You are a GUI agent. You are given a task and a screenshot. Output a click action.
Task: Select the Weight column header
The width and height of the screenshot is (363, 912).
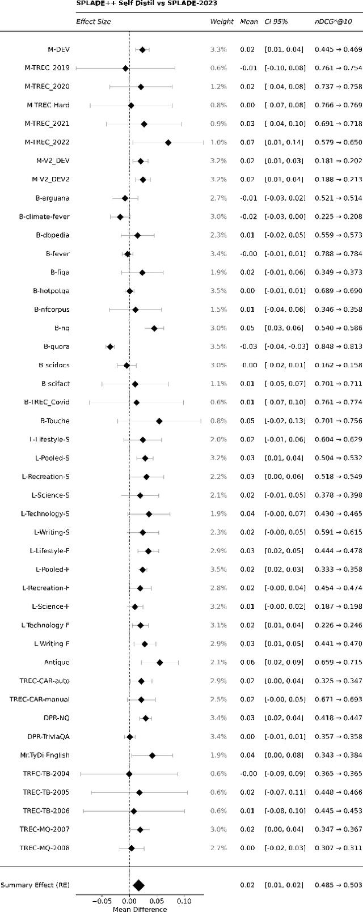221,22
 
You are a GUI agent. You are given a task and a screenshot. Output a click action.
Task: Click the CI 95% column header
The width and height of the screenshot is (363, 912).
276,22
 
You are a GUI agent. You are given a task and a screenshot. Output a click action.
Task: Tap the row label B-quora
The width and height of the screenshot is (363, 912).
56,346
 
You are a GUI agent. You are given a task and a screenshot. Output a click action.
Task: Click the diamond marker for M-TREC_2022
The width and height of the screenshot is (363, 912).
168,142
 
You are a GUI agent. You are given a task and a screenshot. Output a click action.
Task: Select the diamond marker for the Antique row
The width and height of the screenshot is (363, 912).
159,662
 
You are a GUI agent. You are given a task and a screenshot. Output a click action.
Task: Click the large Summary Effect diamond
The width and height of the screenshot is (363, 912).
138,885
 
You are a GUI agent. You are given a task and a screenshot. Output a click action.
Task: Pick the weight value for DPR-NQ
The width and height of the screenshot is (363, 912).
218,718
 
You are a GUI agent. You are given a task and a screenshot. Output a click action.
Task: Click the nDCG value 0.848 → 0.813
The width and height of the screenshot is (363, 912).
338,346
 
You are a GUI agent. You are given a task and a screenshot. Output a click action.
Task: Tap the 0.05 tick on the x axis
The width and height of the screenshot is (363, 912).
157,901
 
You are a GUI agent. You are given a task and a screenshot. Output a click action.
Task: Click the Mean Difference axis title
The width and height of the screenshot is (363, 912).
140,909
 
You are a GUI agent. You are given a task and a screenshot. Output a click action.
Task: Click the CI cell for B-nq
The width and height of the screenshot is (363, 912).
283,328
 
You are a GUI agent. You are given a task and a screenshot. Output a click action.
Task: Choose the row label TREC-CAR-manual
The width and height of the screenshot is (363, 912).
39,699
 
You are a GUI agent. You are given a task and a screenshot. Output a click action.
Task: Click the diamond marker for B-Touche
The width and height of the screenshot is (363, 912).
159,421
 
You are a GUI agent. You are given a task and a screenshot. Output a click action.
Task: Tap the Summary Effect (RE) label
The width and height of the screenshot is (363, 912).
35,885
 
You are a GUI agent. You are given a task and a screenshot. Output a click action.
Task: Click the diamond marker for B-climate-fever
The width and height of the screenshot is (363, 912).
120,217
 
